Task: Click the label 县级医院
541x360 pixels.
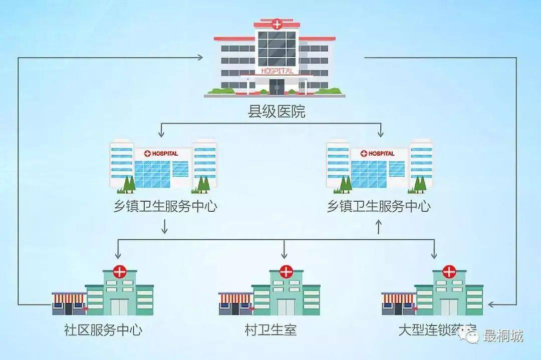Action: (x=277, y=112)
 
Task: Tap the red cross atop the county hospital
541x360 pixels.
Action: (x=277, y=23)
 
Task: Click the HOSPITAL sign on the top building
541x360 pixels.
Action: (x=277, y=71)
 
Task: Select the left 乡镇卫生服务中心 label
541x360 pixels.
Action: (x=165, y=206)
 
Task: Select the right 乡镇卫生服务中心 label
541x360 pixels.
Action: (x=379, y=206)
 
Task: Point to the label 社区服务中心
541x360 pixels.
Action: (x=103, y=330)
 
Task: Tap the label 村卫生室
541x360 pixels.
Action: (x=270, y=330)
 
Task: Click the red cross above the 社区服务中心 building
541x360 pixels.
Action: (x=120, y=272)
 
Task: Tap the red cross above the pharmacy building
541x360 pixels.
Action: (x=449, y=272)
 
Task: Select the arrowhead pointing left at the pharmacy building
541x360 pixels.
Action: (x=492, y=304)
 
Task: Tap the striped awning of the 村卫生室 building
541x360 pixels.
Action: (x=235, y=298)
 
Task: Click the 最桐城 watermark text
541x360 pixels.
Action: (x=502, y=335)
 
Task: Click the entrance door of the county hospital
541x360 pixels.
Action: (x=276, y=87)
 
